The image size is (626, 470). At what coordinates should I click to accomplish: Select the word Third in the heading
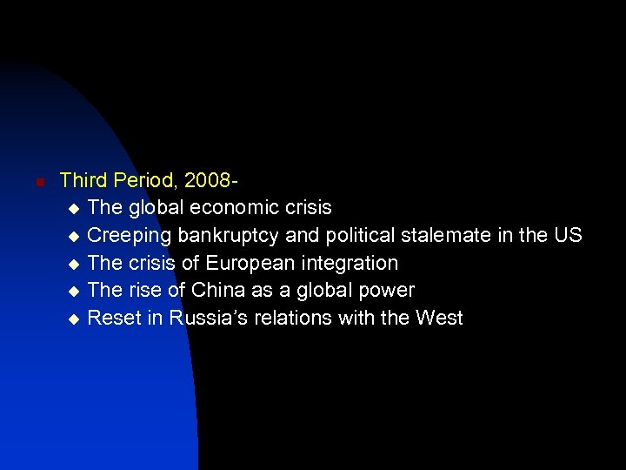(82, 181)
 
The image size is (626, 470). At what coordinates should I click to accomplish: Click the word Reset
(114, 319)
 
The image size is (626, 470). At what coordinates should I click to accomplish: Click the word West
(439, 319)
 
